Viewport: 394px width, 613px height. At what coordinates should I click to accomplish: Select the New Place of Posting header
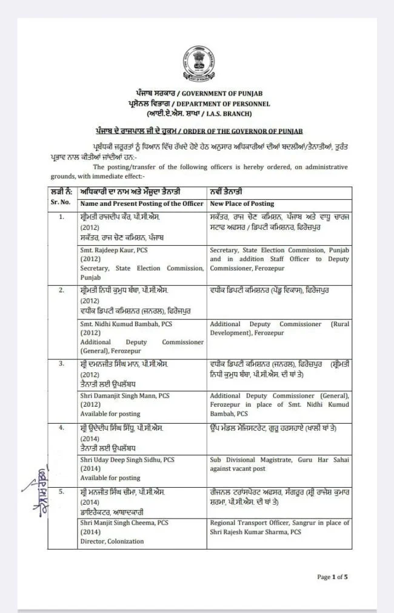242,203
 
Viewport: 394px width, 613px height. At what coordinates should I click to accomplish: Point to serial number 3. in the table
61,364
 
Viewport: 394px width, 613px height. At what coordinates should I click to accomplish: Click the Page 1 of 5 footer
333,577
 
